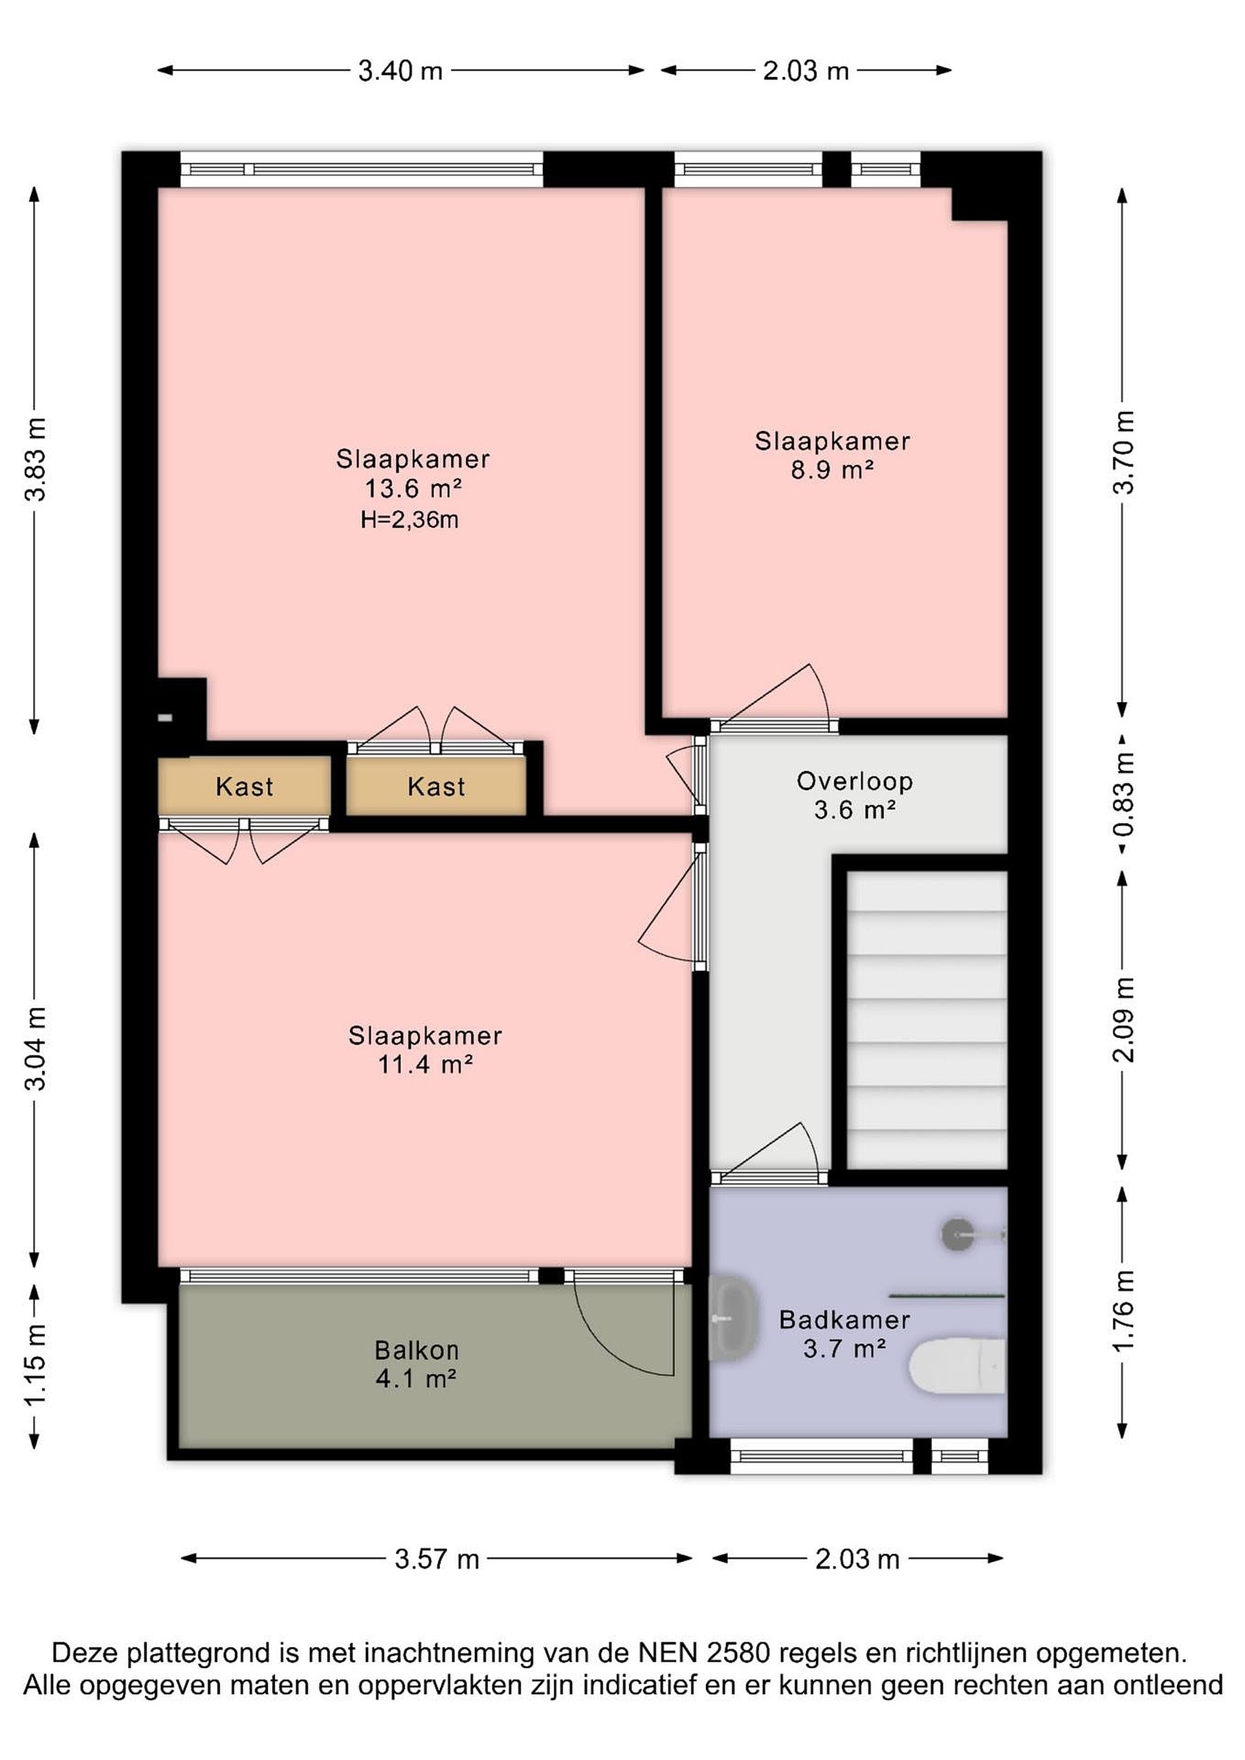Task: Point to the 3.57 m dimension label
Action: point(436,1558)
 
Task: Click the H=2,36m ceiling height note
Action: point(409,521)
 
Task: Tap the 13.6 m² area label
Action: point(413,488)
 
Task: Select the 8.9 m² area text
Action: point(832,470)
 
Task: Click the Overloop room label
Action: point(855,781)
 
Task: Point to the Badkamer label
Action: point(845,1319)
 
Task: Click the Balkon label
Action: point(416,1349)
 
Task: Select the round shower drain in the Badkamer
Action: point(957,1235)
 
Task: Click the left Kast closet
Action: point(244,786)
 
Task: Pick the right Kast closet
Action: point(436,786)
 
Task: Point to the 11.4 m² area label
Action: point(425,1065)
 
